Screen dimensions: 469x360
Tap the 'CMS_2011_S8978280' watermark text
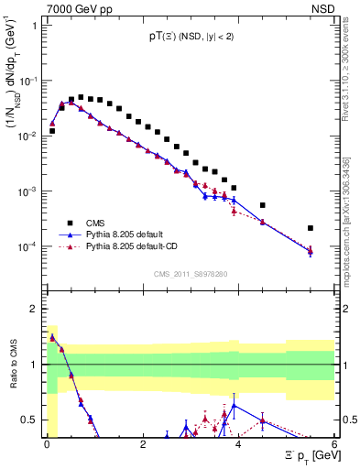190,273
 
